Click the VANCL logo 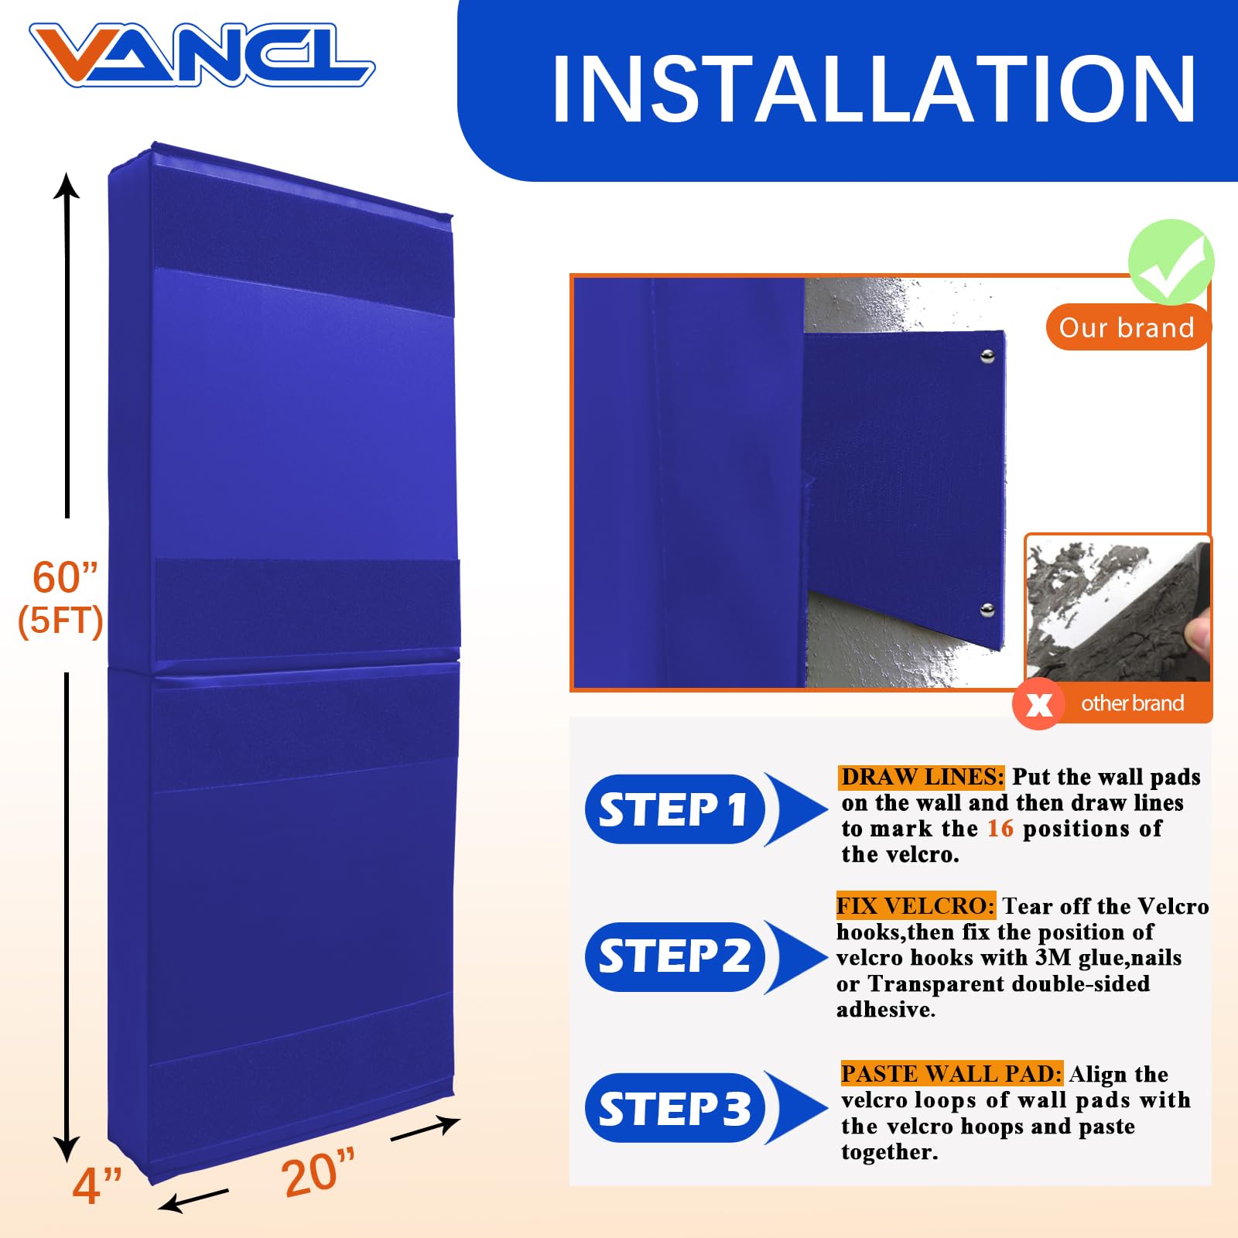(201, 54)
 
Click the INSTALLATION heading (874, 90)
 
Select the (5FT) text (60, 621)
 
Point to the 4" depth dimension (97, 1185)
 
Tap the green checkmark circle (1171, 262)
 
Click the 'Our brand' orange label (1127, 327)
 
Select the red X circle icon (1038, 703)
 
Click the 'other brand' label (1132, 703)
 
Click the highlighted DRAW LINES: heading (922, 777)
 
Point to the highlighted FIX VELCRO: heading (915, 906)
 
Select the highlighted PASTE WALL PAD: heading (951, 1074)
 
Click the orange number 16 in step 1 (1000, 829)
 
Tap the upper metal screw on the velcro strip (987, 356)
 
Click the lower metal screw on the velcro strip (987, 610)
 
